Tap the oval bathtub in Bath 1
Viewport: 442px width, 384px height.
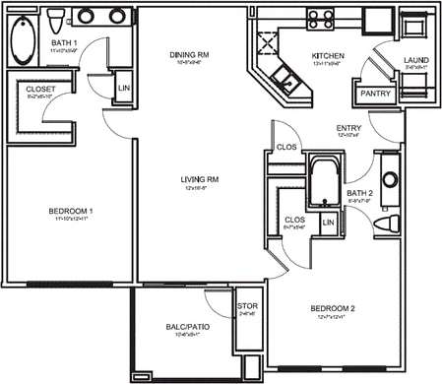pos(21,40)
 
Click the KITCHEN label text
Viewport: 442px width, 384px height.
pos(326,56)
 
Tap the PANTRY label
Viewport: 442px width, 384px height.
pos(376,95)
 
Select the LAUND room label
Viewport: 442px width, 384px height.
pos(415,61)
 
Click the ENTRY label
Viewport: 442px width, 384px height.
pos(348,128)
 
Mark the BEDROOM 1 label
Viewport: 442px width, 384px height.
pos(70,212)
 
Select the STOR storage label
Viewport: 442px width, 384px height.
pos(247,306)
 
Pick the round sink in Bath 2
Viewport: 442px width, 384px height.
pos(387,180)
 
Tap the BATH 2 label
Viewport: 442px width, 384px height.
pos(358,192)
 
